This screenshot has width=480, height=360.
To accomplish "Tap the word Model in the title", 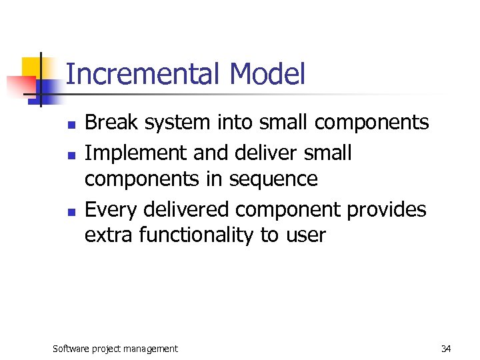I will click(x=267, y=75).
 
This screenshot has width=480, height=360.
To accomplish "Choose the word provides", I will click(x=387, y=210).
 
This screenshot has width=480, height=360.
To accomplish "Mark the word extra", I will click(x=109, y=236).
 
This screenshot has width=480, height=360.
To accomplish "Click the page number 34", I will click(x=446, y=349).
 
